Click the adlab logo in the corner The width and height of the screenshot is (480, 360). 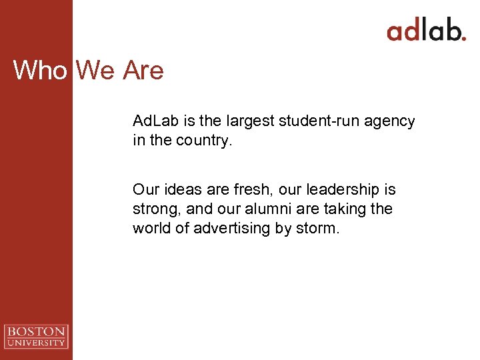[x=426, y=31]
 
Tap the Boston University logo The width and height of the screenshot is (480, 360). [x=36, y=336]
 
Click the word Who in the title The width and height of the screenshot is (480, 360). [x=40, y=70]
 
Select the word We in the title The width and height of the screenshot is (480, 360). [x=95, y=70]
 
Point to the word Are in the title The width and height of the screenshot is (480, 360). [x=143, y=70]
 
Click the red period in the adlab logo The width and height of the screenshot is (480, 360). [x=463, y=38]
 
